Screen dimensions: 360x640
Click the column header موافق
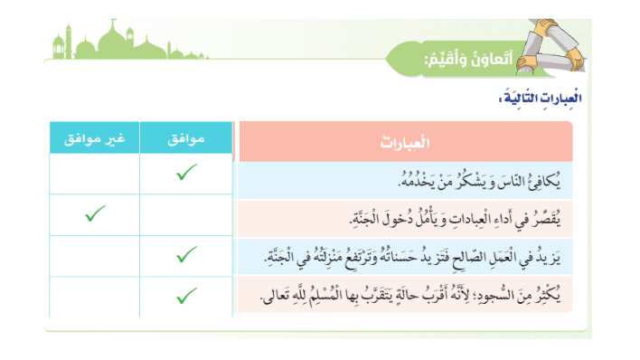point(186,140)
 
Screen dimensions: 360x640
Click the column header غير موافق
point(94,140)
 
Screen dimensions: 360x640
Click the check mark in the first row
point(187,173)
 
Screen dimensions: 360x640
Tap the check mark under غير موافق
point(94,214)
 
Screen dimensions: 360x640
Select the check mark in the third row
point(187,255)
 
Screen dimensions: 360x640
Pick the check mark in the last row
point(187,295)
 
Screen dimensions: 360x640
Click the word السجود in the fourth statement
point(504,298)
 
